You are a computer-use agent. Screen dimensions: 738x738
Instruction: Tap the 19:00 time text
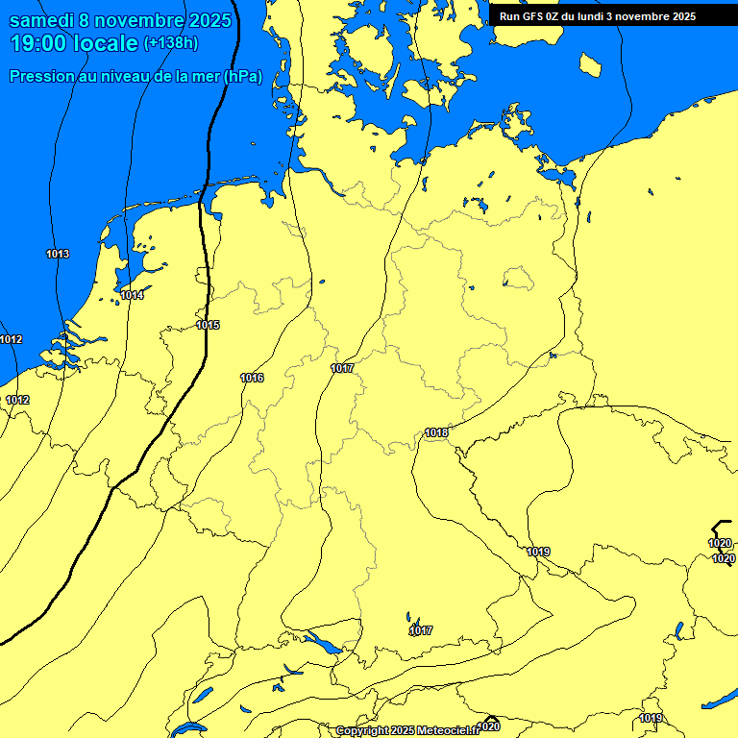point(39,43)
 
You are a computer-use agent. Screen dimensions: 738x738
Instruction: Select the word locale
point(106,43)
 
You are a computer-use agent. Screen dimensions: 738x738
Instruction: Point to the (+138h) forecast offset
point(171,43)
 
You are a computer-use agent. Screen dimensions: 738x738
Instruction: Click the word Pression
point(40,77)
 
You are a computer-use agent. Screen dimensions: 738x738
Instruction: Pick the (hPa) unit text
point(242,77)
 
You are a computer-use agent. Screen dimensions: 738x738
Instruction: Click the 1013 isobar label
point(58,254)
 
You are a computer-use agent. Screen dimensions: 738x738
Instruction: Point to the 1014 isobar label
point(133,295)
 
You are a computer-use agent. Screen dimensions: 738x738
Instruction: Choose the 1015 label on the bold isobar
point(209,325)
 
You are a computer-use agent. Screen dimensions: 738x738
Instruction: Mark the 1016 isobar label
point(252,378)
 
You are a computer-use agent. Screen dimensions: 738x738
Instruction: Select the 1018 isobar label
point(436,432)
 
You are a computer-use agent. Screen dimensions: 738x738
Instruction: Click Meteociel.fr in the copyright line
point(448,731)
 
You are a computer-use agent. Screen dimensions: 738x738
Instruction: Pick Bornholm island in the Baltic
point(590,64)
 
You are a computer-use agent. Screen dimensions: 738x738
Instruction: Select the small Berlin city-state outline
point(519,279)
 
